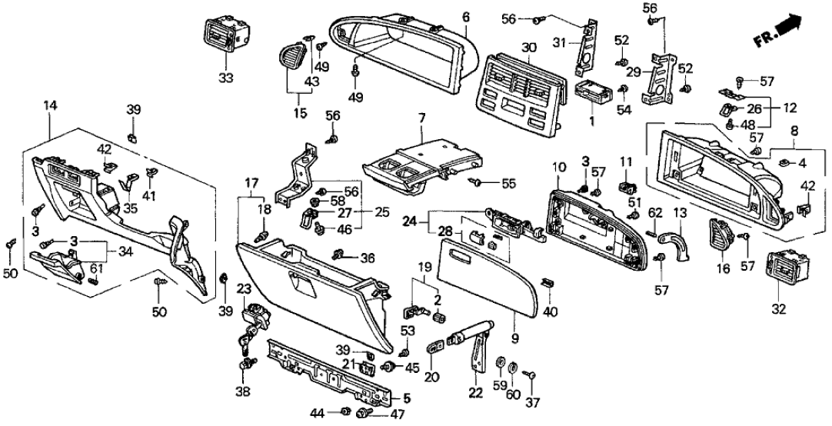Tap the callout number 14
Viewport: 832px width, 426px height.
[51, 105]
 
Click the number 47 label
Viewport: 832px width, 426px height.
[398, 415]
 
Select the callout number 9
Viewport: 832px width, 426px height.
[515, 336]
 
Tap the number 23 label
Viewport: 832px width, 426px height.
[243, 290]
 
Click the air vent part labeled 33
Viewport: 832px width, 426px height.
[226, 35]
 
